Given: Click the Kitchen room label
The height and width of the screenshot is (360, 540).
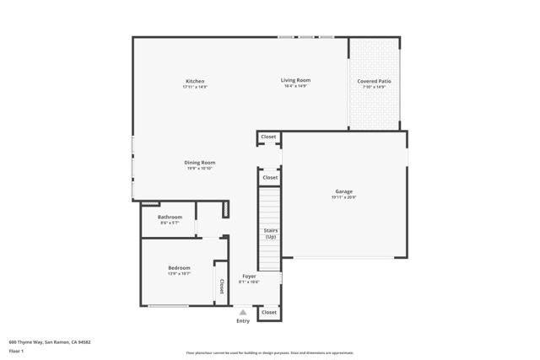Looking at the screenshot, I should click(x=195, y=81).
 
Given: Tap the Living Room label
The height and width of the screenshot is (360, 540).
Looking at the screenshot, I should click(x=295, y=80).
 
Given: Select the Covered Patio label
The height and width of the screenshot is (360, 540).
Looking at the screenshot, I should click(x=374, y=81).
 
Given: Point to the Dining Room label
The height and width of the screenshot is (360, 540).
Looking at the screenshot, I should click(x=200, y=162).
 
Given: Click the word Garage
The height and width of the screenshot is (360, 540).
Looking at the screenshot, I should click(x=343, y=191).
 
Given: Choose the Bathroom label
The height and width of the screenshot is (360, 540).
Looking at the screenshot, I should click(x=170, y=217).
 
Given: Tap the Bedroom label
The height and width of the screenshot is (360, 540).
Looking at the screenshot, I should click(x=179, y=268).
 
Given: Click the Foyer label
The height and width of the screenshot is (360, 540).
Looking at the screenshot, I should click(x=249, y=276).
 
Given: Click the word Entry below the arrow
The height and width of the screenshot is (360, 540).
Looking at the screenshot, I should click(x=243, y=320).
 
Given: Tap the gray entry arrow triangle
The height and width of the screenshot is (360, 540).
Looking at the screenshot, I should click(x=243, y=312).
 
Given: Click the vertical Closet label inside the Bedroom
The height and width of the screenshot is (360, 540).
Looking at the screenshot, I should click(x=222, y=286).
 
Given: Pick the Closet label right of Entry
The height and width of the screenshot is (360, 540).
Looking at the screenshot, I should click(x=268, y=312).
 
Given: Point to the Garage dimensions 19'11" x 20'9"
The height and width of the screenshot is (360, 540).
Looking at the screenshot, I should click(x=343, y=197).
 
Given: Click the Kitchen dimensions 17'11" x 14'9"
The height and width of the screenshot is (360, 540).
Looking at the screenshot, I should click(x=195, y=87).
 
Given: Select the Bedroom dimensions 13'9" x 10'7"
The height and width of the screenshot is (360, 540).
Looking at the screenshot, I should click(x=179, y=274).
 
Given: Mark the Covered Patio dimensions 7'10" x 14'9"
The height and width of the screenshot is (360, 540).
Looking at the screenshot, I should click(x=374, y=87).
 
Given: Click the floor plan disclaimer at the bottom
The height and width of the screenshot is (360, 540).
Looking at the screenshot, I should click(x=270, y=353).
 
